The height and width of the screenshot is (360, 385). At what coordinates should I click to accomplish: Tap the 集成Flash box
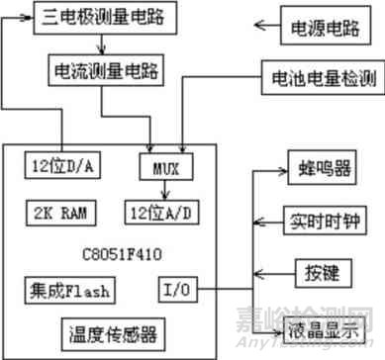coord(68,290)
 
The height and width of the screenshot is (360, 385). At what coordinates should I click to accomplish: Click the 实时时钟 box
coord(321,219)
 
